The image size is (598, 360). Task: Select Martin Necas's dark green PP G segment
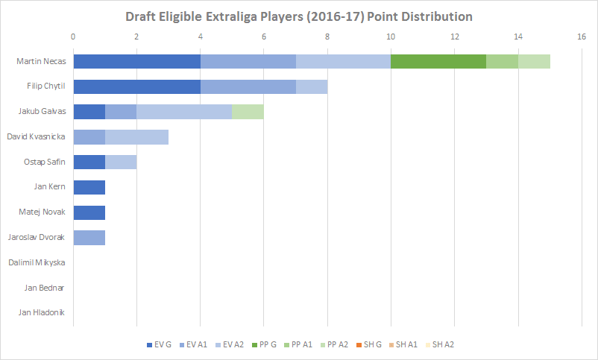[x=438, y=61]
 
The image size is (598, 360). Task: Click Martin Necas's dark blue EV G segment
[x=136, y=61]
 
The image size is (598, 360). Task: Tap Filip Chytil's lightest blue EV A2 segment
[x=312, y=86]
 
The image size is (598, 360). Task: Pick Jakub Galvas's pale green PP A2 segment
[x=248, y=112]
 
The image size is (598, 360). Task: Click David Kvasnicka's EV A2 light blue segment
[x=136, y=137]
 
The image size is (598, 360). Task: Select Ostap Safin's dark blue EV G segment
[x=89, y=162]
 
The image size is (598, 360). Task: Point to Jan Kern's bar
[x=89, y=187]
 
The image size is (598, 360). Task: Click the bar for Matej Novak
[x=89, y=212]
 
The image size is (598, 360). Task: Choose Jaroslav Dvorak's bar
[x=89, y=238]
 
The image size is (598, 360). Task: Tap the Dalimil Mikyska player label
[x=37, y=262]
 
